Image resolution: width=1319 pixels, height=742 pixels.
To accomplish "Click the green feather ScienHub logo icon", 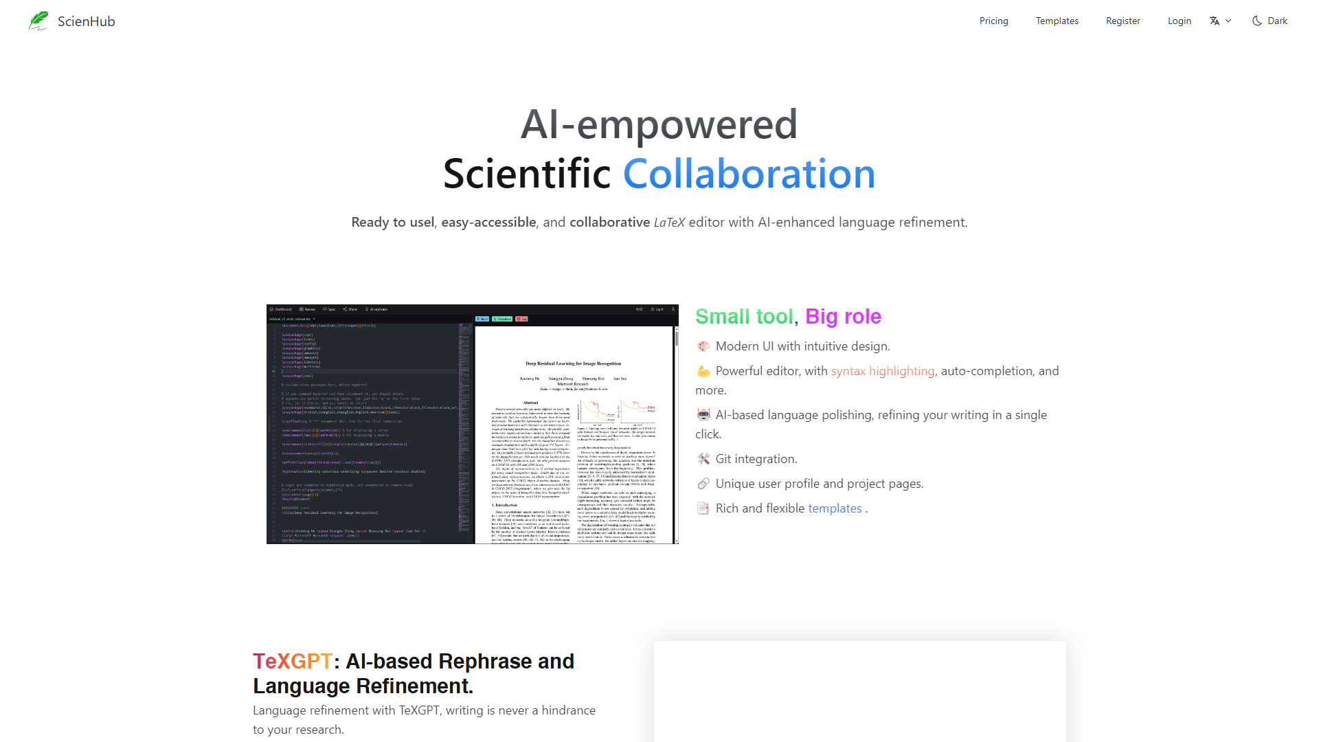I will (38, 21).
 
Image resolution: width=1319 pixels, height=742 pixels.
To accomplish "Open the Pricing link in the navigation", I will (993, 21).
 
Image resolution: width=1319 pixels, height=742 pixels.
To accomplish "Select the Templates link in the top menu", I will (1057, 21).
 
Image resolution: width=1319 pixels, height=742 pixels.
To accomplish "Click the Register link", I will (1123, 21).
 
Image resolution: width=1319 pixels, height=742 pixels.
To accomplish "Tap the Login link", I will (1179, 21).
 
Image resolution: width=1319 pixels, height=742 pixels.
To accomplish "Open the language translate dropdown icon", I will (1220, 21).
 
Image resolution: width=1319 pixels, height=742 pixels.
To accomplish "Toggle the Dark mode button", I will (1270, 21).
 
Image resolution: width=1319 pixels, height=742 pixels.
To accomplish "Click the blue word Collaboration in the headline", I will (749, 174).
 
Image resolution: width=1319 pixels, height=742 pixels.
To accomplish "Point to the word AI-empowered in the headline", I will (659, 124).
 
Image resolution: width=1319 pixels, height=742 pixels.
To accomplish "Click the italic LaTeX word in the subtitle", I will (669, 222).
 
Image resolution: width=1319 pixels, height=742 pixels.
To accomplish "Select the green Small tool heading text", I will (744, 316).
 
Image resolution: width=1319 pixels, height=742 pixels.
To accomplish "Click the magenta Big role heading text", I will (843, 316).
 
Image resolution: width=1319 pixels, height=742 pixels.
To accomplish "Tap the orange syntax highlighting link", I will (883, 371).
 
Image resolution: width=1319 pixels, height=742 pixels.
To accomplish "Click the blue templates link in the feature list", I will (835, 508).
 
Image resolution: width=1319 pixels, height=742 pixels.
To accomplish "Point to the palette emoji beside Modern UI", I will (703, 346).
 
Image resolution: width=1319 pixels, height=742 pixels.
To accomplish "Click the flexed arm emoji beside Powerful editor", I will (703, 371).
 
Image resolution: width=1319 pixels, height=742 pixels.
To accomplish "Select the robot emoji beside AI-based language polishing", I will (703, 415).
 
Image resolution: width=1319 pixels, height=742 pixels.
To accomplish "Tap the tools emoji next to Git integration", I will (703, 459).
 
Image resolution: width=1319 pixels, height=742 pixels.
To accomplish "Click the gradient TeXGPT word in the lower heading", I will (293, 661).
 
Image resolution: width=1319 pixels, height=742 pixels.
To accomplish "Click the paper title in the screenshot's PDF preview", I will (573, 363).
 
